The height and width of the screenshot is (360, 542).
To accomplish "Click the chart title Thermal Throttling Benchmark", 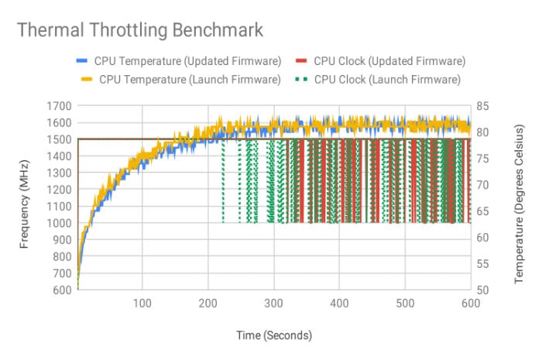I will [x=139, y=30].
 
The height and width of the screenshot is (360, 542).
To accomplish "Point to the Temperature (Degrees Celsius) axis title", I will [x=520, y=198].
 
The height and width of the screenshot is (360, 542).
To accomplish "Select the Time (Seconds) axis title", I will [x=274, y=335].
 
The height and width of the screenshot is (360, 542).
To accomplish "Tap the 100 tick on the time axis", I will [x=142, y=303].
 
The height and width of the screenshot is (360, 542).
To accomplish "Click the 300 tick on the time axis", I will [x=273, y=303].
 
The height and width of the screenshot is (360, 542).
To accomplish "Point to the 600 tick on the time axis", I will [x=470, y=303].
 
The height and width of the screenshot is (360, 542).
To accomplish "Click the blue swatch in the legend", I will [x=82, y=60].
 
